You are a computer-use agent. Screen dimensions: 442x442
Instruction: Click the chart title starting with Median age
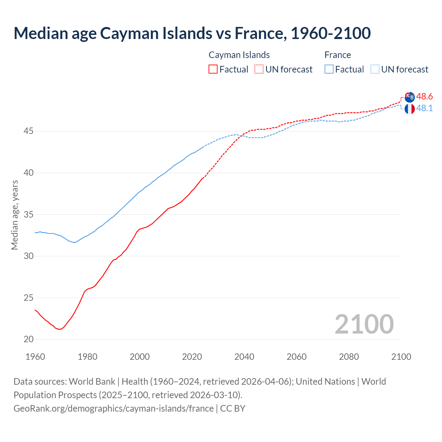(192, 33)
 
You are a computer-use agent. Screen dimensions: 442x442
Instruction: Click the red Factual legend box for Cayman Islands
(213, 69)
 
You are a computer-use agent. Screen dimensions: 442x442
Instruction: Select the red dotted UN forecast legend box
(259, 69)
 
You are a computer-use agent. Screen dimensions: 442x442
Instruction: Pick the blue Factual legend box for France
(329, 69)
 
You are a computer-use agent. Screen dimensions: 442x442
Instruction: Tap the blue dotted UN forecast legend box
(375, 69)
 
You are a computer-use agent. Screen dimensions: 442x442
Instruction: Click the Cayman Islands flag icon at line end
(410, 97)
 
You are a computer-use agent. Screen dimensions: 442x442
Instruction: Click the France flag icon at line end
(410, 109)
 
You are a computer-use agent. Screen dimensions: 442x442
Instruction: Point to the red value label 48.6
(424, 96)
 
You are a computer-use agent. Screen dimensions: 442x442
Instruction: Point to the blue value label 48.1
(424, 108)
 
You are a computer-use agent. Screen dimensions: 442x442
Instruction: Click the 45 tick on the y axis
(29, 131)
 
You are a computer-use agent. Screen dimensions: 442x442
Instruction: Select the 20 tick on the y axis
(29, 339)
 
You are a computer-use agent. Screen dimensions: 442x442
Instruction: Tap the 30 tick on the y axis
(29, 256)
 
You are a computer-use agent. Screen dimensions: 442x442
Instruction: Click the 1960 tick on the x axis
(35, 357)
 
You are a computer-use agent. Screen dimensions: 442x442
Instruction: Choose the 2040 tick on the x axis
(244, 357)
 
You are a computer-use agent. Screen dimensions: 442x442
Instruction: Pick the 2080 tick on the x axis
(349, 357)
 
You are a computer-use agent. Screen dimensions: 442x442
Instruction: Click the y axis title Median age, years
(15, 214)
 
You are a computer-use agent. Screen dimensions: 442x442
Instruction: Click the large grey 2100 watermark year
(364, 324)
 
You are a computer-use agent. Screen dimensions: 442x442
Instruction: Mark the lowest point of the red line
(60, 329)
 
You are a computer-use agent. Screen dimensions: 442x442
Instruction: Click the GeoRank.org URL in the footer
(114, 409)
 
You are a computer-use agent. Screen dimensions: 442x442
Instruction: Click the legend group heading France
(337, 55)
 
